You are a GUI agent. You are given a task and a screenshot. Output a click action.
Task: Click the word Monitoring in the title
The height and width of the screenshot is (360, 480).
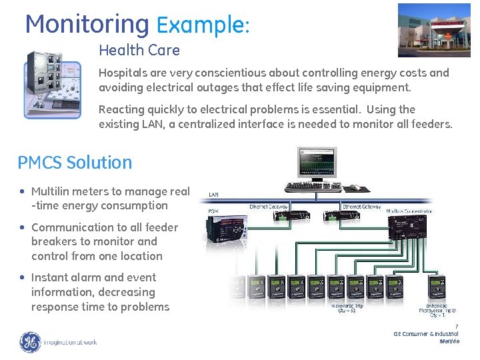click(87, 25)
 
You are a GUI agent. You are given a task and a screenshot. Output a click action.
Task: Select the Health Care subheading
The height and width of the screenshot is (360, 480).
click(139, 50)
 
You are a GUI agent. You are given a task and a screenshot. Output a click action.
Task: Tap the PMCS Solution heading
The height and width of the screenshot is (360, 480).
click(75, 163)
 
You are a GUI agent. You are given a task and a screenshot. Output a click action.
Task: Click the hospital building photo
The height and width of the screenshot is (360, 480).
click(438, 30)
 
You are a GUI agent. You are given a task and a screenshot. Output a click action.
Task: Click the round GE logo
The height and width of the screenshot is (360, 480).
click(30, 342)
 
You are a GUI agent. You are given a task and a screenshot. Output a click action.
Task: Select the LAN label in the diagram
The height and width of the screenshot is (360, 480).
click(214, 195)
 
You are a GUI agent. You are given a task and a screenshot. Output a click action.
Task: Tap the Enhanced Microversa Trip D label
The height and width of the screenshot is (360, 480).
click(437, 310)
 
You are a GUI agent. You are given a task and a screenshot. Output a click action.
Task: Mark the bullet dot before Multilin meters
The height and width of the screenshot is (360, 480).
click(24, 191)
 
